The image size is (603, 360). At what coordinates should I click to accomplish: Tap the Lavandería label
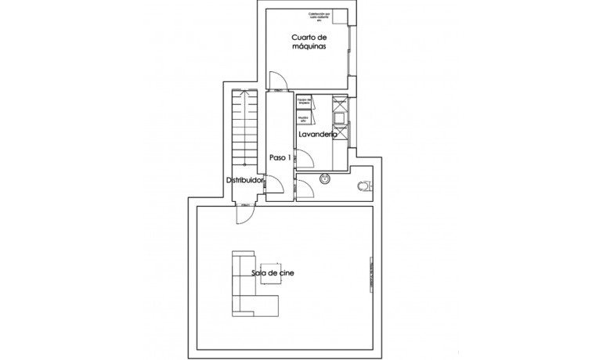(x=317, y=135)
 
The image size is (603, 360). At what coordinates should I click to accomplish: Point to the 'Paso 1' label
(x=280, y=157)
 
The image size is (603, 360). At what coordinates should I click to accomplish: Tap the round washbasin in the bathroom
(x=325, y=179)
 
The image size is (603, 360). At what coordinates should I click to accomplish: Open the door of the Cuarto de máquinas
(x=276, y=80)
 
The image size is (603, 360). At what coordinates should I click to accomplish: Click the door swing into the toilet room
(x=304, y=189)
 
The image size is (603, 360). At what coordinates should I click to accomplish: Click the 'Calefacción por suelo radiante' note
(x=321, y=16)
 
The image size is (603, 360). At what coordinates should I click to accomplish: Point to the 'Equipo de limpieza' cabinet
(x=304, y=103)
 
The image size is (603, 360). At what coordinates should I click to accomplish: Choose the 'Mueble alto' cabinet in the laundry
(x=302, y=120)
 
